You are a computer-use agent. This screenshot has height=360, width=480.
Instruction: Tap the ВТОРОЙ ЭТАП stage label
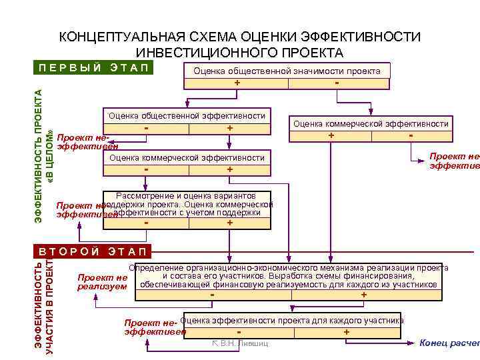pos(93,252)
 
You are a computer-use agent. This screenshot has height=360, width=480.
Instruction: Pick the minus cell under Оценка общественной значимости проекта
pos(338,83)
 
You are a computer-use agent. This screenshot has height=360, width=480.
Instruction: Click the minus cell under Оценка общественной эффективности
pos(146,127)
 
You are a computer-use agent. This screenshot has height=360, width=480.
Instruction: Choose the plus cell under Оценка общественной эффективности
pos(229,127)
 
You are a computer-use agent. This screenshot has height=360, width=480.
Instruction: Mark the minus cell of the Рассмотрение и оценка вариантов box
pos(146,223)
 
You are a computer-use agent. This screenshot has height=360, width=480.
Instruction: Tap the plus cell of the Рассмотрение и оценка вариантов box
pos(229,223)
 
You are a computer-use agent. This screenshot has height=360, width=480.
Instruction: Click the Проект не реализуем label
pos(102,281)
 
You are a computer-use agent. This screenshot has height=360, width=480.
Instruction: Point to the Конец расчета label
pos(448,343)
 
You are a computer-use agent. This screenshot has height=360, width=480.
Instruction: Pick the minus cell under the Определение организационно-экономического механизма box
pos(213,295)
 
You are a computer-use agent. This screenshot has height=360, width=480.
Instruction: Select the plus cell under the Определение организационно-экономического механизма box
pos(363,295)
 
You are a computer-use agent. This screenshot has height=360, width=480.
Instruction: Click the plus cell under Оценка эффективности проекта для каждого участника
pos(346,331)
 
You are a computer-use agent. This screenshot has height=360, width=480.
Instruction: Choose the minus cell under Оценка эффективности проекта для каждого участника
pos(239,331)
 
